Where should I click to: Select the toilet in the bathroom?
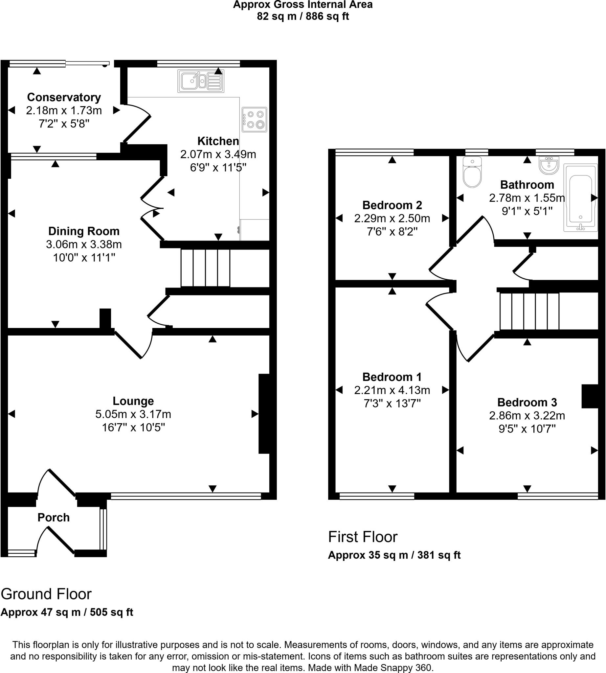472,172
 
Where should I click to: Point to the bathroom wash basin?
549,165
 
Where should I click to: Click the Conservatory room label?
64,97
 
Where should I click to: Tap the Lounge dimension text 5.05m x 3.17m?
133,414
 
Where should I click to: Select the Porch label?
54,518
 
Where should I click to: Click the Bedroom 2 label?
392,205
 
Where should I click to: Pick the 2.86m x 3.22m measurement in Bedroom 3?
527,415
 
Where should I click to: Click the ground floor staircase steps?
205,268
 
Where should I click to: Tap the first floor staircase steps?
529,311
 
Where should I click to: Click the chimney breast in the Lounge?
265,413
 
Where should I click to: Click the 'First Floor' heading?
363,537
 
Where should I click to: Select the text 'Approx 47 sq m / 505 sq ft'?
67,612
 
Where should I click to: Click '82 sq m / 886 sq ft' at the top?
303,16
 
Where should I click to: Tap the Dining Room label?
83,231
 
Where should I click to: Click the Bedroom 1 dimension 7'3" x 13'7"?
392,404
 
